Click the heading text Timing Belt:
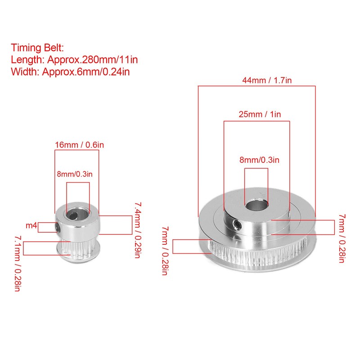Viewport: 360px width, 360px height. (37, 48)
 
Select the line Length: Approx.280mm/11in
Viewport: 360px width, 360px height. (74, 60)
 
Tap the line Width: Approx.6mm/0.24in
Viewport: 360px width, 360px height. (70, 72)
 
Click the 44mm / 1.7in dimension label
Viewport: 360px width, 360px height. (267, 81)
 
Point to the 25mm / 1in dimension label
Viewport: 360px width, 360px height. (260, 114)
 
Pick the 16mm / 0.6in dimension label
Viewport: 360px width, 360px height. (80, 145)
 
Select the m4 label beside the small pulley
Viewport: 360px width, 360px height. (31, 226)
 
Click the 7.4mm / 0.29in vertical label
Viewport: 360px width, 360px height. (138, 230)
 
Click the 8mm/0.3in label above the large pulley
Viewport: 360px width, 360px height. (260, 160)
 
